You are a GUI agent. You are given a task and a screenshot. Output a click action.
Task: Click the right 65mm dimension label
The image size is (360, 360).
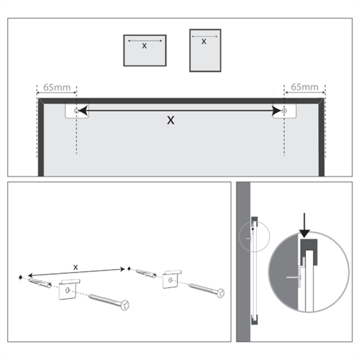pos(305,86)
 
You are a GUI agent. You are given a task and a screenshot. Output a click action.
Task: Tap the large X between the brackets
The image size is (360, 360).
pos(170,120)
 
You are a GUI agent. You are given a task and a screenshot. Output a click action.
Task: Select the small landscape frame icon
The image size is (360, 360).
pos(144,50)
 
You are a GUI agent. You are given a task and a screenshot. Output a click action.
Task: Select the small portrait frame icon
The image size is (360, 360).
pos(204,50)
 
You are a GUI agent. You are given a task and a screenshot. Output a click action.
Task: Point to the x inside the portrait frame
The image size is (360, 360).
pos(204,42)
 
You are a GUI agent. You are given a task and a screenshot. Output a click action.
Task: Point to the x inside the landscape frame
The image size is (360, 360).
pos(144,46)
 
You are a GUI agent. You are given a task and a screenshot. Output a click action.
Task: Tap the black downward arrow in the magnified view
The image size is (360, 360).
pos(305,224)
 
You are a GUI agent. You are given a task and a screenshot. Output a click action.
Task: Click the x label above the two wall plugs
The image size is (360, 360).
pos(75,266)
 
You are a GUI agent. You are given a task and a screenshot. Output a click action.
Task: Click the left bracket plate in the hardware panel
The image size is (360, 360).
pos(67,290)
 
